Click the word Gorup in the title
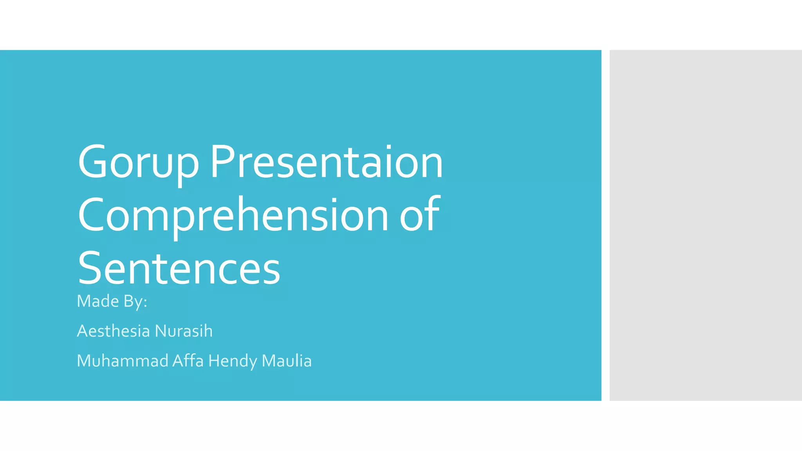138,162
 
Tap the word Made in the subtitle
98,301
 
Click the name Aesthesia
114,331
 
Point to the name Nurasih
184,331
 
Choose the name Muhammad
123,361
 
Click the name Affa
188,361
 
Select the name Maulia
286,361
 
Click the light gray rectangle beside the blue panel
705,225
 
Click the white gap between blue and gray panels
605,225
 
